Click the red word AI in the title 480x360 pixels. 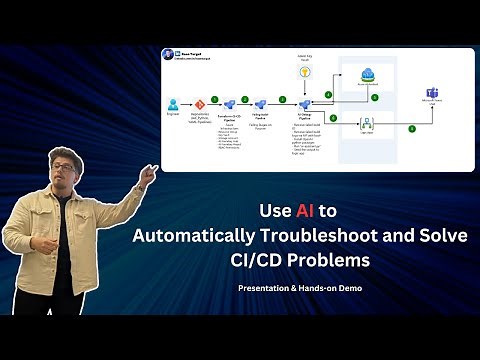click(x=306, y=212)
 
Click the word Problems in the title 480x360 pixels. click(x=331, y=261)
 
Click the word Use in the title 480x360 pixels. click(x=275, y=212)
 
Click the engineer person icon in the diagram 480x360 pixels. click(x=173, y=103)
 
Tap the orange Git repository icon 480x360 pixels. click(x=199, y=103)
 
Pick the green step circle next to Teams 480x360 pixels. click(x=411, y=128)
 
